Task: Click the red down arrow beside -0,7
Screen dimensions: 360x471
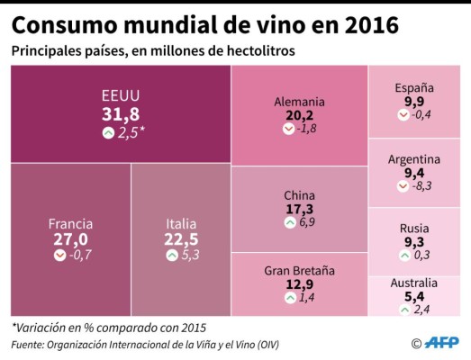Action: click(59, 256)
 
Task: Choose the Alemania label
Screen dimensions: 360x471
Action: click(299, 102)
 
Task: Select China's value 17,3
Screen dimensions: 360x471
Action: click(299, 209)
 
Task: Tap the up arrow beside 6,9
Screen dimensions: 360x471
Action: click(289, 222)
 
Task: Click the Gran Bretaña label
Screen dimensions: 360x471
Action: click(299, 269)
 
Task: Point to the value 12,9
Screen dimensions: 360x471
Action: click(299, 284)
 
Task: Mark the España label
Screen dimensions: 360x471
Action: click(414, 87)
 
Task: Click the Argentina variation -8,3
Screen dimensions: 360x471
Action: click(421, 186)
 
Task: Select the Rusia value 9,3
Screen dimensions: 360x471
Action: click(414, 243)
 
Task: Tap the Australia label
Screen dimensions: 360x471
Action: click(414, 283)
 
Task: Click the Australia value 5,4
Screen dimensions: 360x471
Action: click(414, 297)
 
